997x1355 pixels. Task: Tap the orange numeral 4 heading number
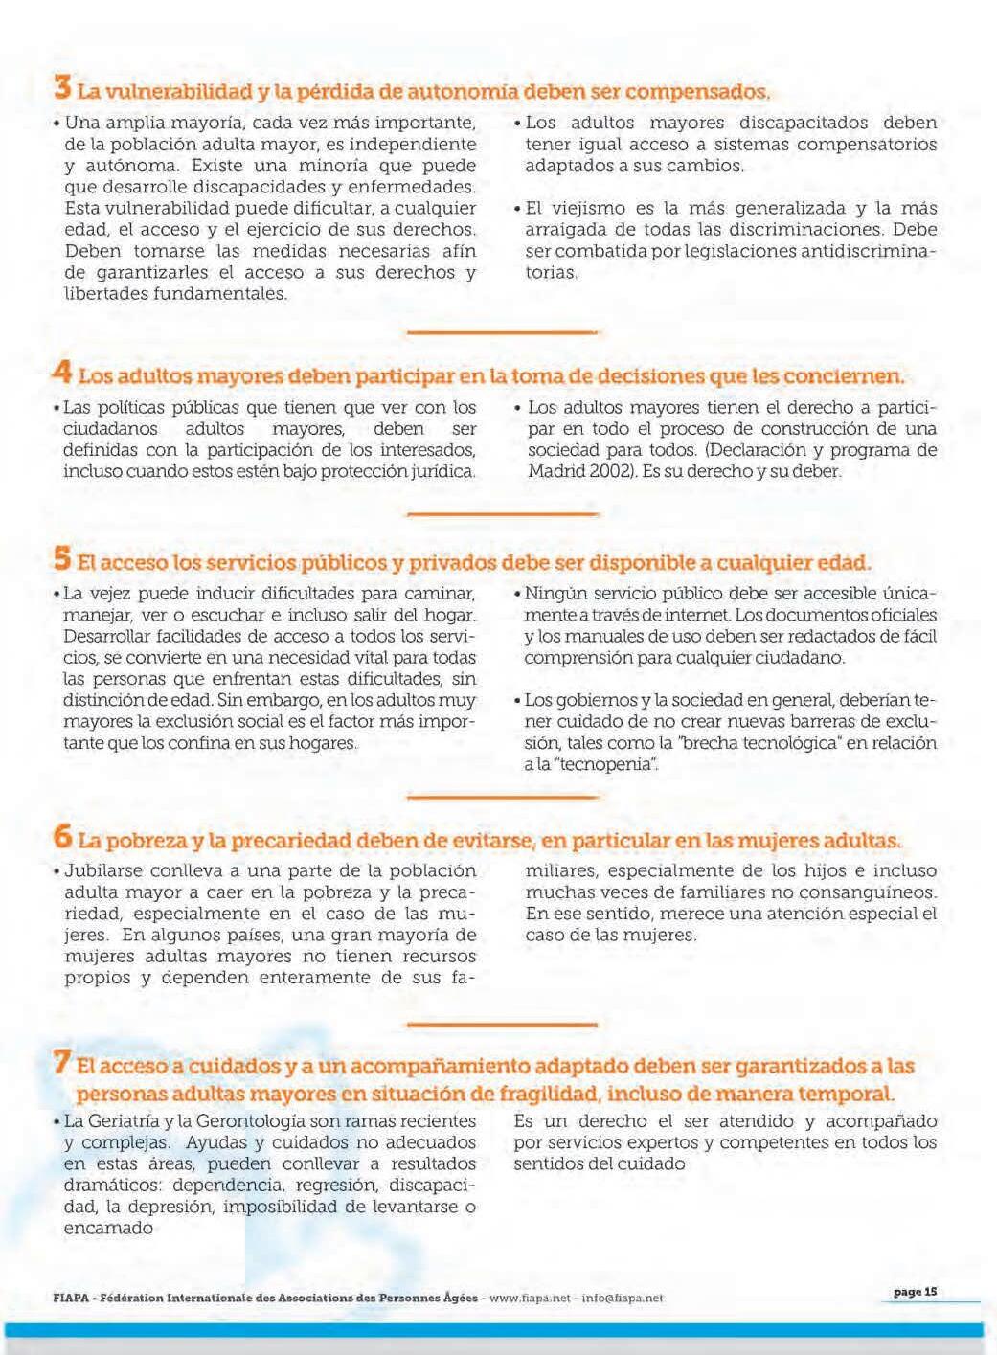coord(62,371)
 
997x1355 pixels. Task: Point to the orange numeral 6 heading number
coord(62,837)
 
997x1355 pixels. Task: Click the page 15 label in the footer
coord(915,1292)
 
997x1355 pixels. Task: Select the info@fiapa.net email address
coord(622,1299)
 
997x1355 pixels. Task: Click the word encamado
coord(108,1229)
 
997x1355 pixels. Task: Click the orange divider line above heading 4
coord(502,332)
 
